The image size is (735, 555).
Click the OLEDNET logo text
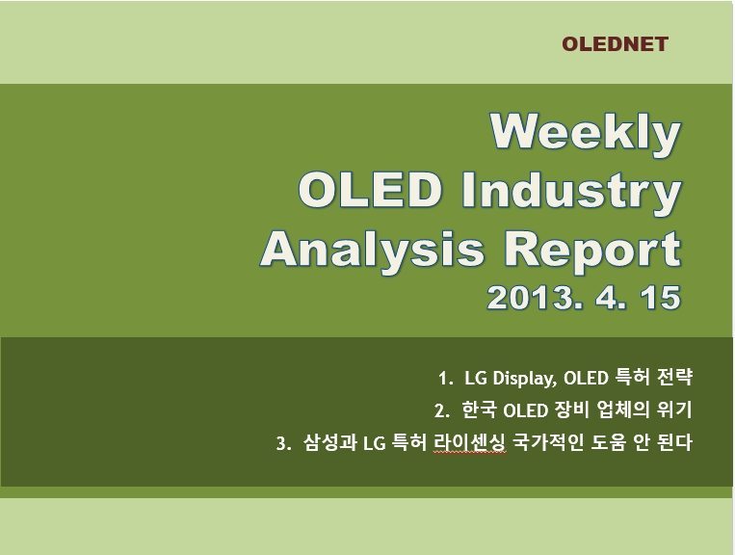tap(615, 44)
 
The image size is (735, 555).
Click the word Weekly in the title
tap(585, 133)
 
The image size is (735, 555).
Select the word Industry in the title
tap(571, 192)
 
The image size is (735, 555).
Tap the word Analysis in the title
tap(373, 250)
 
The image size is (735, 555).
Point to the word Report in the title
tap(592, 251)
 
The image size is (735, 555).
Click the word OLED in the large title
tap(370, 190)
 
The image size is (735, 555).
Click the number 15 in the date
tap(662, 298)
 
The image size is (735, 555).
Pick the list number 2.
tap(441, 411)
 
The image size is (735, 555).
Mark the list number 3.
tap(283, 443)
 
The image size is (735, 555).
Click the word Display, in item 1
tap(525, 379)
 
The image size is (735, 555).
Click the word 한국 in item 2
tap(479, 410)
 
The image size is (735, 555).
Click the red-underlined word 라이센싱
tap(470, 442)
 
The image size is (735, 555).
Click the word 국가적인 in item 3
tap(548, 442)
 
